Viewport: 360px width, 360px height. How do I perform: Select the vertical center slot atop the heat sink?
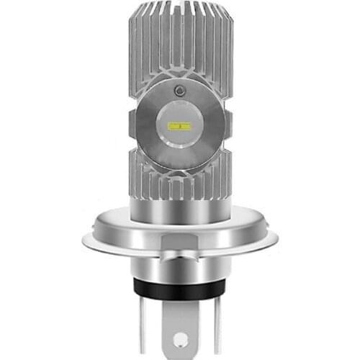point(179,29)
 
